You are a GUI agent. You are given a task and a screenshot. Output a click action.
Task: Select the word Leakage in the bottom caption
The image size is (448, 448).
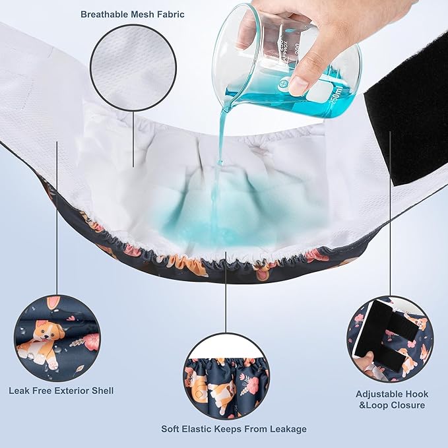[285, 429]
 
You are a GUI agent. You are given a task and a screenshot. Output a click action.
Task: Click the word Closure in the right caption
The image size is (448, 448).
[406, 405]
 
